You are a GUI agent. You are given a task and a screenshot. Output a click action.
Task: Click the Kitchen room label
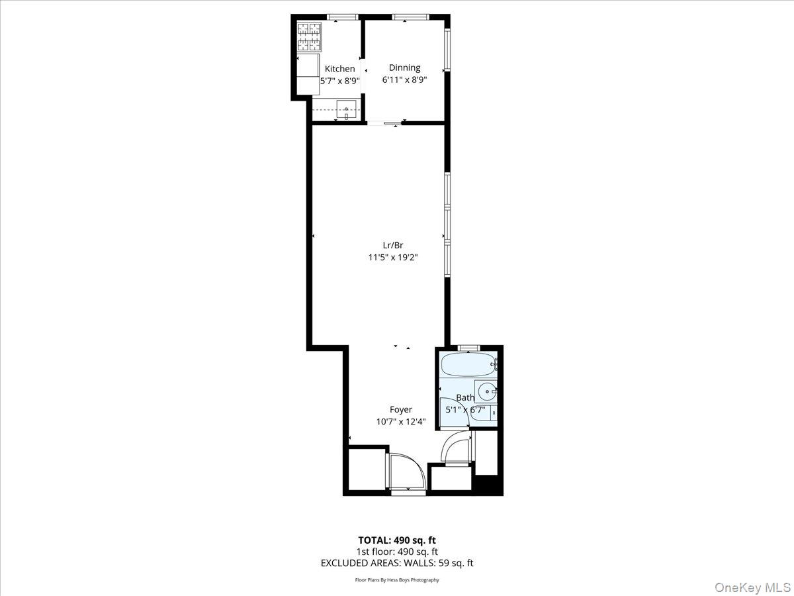[x=339, y=69]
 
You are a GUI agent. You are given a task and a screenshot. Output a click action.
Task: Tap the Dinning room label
[x=404, y=68]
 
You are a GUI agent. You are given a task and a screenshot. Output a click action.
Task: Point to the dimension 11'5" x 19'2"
[x=393, y=257]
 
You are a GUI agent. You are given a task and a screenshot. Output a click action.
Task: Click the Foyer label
[x=400, y=410]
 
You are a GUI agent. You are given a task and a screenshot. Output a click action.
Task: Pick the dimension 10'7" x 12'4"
[x=400, y=422]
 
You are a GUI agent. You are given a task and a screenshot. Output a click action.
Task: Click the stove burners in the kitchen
[x=309, y=37]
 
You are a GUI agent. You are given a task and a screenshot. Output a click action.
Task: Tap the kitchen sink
[x=345, y=109]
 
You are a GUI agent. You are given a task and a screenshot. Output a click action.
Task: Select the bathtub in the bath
[x=467, y=364]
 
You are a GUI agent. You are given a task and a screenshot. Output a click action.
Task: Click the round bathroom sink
[x=487, y=391]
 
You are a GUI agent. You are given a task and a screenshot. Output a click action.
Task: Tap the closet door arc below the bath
[x=455, y=448]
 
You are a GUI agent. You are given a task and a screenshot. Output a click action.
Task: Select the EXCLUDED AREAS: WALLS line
[x=397, y=563]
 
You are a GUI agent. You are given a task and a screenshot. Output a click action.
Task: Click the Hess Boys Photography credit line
[x=397, y=580]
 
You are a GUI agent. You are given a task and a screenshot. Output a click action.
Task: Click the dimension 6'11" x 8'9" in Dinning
[x=404, y=80]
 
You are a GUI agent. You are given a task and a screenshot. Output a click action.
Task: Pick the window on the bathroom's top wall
[x=469, y=347]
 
